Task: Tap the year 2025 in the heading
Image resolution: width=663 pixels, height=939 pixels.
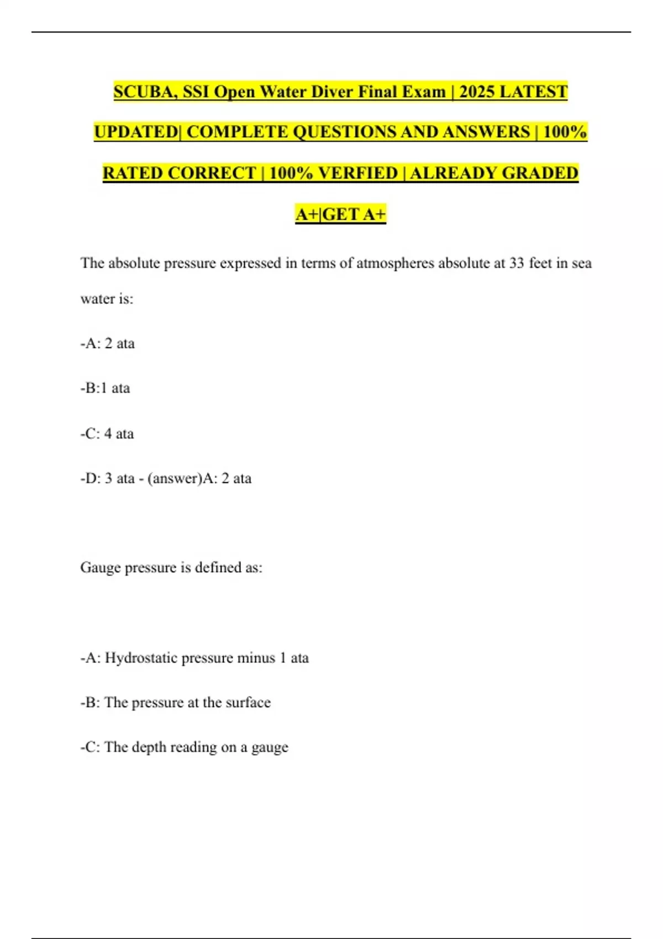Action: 477,92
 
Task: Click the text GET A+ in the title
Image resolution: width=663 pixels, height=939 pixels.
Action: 354,214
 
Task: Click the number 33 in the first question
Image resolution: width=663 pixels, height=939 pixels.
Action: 517,263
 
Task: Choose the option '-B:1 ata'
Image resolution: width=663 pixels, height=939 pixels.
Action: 105,388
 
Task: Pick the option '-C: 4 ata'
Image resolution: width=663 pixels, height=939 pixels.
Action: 107,434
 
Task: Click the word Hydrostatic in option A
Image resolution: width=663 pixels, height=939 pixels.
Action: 141,658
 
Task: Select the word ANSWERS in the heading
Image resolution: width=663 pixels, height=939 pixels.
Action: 486,132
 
